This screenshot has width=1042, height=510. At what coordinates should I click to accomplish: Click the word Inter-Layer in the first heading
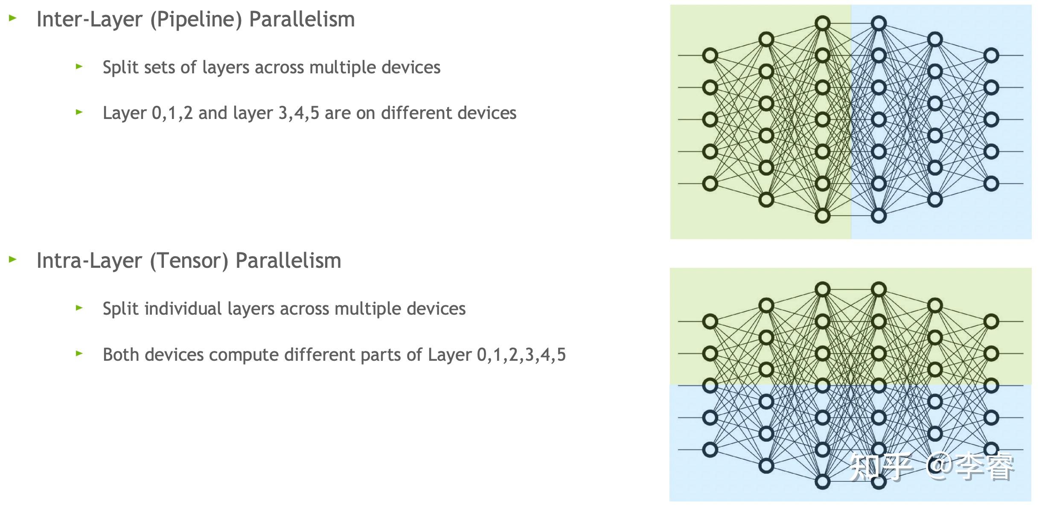90,20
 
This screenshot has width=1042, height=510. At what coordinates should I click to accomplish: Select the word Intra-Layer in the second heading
89,261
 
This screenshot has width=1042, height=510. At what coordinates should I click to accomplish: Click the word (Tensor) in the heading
189,261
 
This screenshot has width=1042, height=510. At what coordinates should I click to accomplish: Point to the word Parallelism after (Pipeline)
302,20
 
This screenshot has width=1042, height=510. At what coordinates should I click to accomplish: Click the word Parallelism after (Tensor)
288,261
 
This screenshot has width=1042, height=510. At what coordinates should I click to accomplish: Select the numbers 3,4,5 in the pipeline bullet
299,113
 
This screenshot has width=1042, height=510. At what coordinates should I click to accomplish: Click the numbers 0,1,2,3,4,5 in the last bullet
521,355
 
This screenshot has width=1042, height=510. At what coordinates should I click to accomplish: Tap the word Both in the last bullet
121,355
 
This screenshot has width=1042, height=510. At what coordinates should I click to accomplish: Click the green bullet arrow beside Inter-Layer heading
13,18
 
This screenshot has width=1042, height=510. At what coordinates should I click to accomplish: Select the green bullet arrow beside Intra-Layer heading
13,259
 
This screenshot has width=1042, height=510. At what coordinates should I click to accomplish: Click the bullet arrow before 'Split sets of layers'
79,66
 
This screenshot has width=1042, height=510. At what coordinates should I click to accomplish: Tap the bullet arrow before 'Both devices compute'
79,353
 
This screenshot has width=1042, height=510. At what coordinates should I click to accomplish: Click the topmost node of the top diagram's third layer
822,23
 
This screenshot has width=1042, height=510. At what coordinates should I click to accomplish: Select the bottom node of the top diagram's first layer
710,184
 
